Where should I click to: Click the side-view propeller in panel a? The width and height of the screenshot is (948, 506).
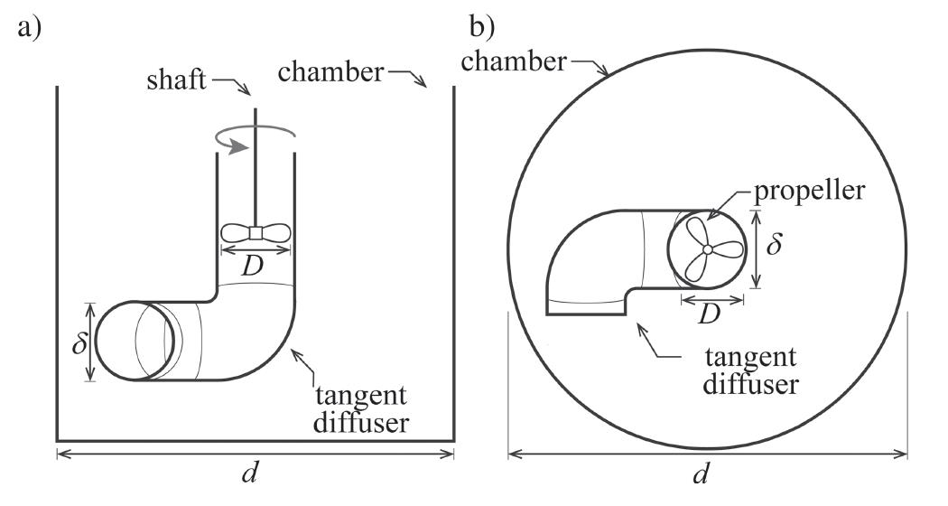pyautogui.click(x=256, y=232)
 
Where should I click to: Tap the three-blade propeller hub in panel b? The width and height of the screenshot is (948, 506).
pyautogui.click(x=709, y=248)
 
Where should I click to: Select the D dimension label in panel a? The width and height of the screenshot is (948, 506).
pyautogui.click(x=256, y=267)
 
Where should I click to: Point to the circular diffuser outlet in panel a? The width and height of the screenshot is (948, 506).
pyautogui.click(x=134, y=340)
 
